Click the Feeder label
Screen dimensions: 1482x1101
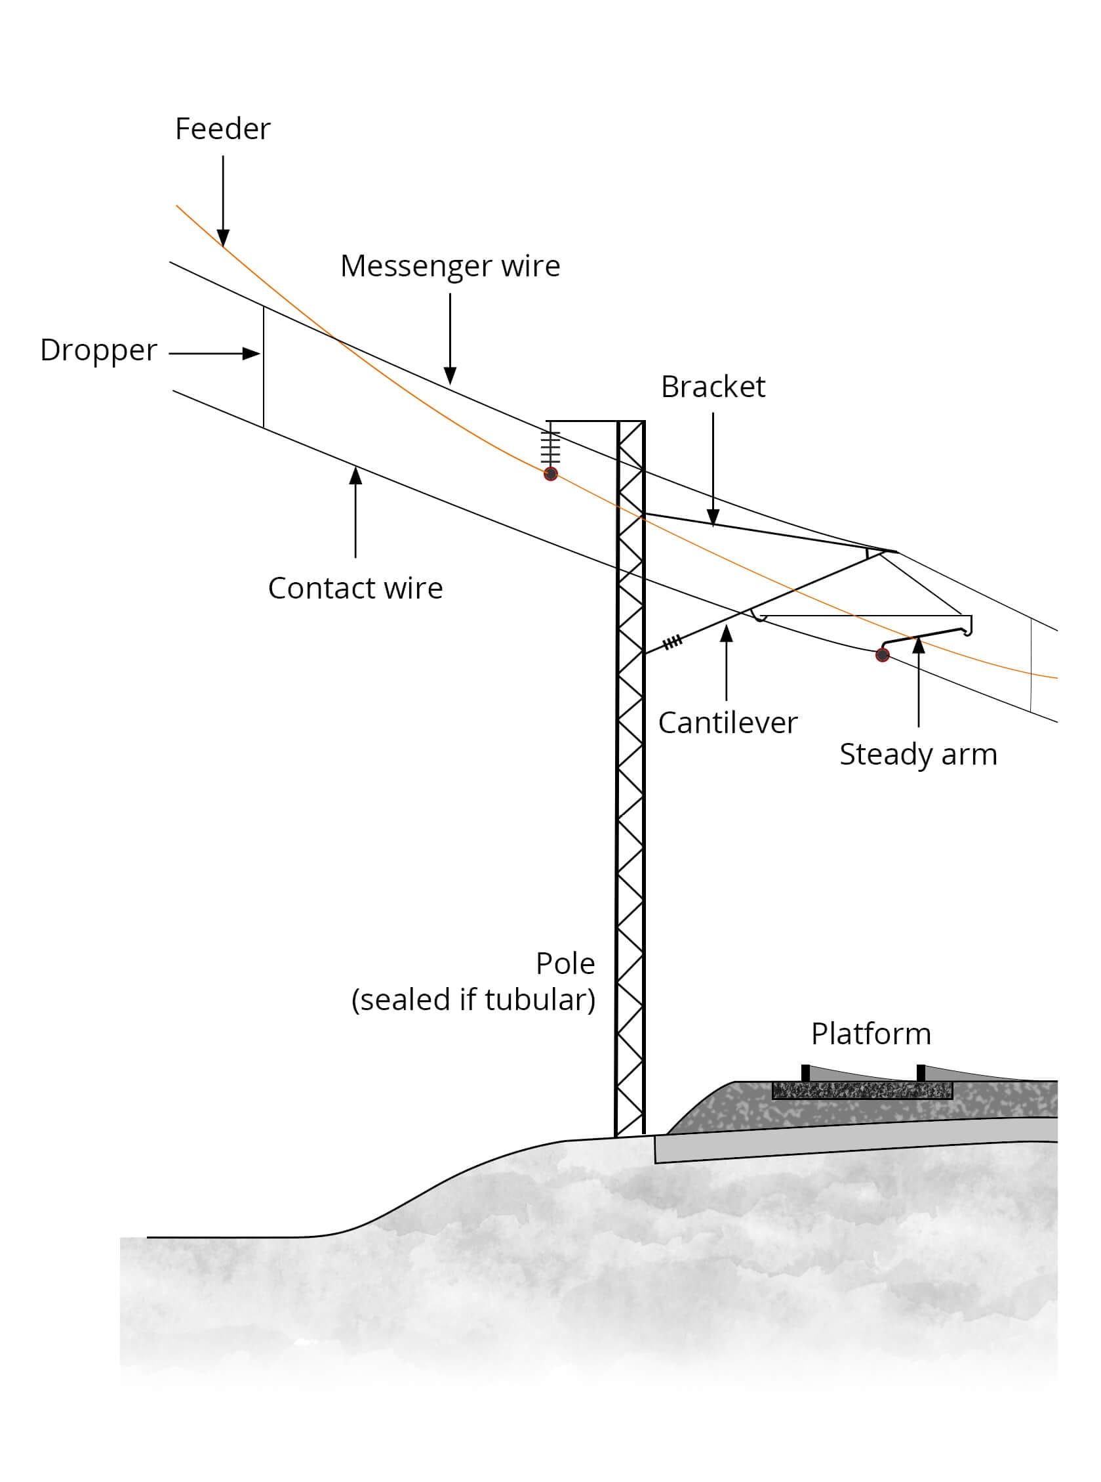[x=222, y=129]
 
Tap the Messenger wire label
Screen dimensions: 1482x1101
[x=450, y=266]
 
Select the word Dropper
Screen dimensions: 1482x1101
[x=98, y=350]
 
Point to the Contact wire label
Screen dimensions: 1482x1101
[x=355, y=588]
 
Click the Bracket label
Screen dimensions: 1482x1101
[x=712, y=387]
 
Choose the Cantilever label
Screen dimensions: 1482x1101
[x=727, y=723]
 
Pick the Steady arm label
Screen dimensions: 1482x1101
[x=918, y=754]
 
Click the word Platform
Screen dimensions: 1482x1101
[x=870, y=1034]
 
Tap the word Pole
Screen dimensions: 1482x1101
[x=565, y=963]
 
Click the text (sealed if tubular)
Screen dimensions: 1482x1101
[x=473, y=1000]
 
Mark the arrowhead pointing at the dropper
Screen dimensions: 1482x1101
[x=252, y=354]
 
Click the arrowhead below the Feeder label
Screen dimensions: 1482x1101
[x=223, y=238]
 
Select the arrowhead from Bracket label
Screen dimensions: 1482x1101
[x=713, y=518]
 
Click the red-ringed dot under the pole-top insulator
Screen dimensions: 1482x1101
[x=551, y=475]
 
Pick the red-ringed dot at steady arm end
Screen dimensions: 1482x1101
[x=883, y=655]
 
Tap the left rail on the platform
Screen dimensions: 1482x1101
[x=805, y=1073]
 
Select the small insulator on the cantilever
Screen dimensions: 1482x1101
[x=672, y=642]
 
